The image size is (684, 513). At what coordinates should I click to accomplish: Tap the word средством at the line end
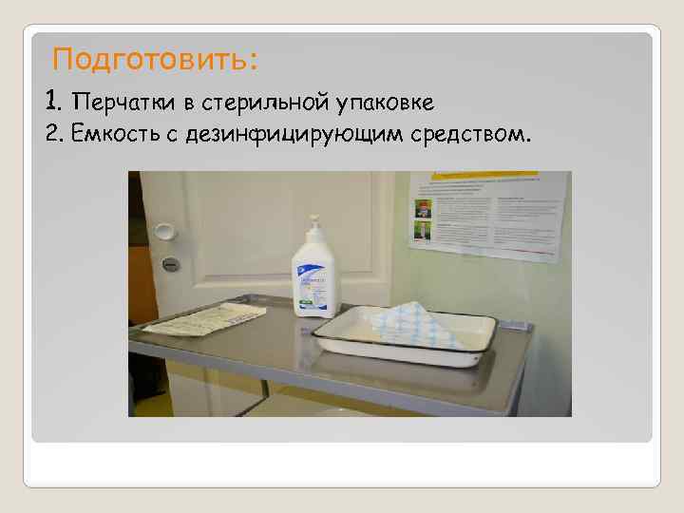(466, 134)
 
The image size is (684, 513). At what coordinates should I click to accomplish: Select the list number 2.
(52, 134)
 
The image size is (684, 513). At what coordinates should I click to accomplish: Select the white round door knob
(164, 231)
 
